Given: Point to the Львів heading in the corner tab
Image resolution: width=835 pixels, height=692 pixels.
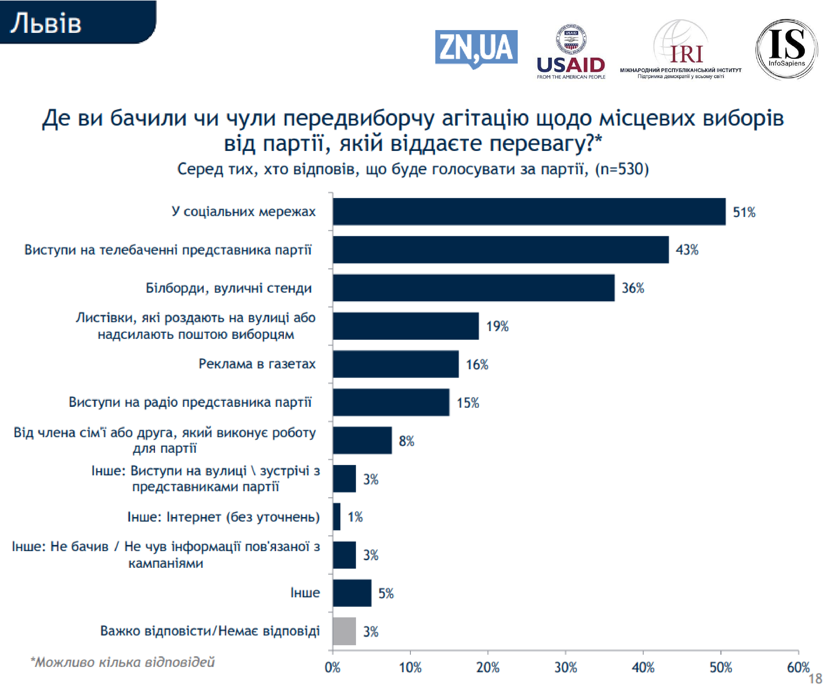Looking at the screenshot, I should point(46,23).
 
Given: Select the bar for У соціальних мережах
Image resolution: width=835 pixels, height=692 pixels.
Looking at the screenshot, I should point(529,212).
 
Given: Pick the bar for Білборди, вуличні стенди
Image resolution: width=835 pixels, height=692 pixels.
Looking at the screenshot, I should point(473,288).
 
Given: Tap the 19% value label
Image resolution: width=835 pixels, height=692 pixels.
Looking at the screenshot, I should point(497,326).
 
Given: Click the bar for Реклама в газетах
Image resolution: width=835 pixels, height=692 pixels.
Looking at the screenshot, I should point(396,364).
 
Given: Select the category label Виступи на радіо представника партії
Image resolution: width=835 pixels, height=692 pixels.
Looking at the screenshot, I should point(190,402).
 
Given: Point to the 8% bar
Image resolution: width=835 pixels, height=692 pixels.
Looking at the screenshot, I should point(362,440).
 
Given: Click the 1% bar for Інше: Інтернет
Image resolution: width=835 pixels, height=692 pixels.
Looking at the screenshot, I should point(337,517).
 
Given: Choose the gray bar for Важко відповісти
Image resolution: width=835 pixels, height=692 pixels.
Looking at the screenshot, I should point(344,631).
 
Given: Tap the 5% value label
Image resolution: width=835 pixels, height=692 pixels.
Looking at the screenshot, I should point(386,593).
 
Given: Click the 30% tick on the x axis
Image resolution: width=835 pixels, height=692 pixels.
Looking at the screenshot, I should point(565,667).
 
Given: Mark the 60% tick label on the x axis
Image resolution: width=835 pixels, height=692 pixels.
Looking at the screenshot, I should point(798,667).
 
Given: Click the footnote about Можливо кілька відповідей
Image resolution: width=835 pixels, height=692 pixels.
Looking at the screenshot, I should point(122,662).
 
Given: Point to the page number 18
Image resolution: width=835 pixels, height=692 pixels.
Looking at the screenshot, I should point(815,678).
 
